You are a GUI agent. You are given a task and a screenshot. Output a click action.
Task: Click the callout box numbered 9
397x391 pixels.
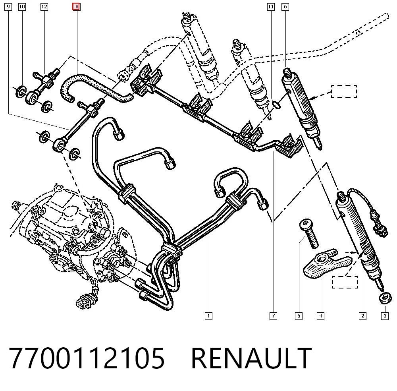[x=8, y=7]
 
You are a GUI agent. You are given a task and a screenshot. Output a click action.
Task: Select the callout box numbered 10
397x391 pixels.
[x=22, y=7]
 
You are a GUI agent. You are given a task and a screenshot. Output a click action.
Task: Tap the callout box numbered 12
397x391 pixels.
[x=44, y=7]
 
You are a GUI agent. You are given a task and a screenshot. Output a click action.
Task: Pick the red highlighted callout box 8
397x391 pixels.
[x=77, y=7]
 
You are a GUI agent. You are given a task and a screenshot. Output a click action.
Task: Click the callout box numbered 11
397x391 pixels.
[x=271, y=7]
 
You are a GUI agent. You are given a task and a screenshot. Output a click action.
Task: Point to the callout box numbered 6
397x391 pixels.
[x=285, y=7]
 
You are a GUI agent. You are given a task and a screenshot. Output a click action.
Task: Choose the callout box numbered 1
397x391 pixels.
[x=208, y=316]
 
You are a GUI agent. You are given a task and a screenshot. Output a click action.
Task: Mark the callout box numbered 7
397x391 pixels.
[x=273, y=316]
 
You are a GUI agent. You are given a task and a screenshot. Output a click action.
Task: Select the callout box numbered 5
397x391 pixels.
[x=299, y=316]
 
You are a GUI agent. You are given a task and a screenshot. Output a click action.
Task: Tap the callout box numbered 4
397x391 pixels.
[x=320, y=316]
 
